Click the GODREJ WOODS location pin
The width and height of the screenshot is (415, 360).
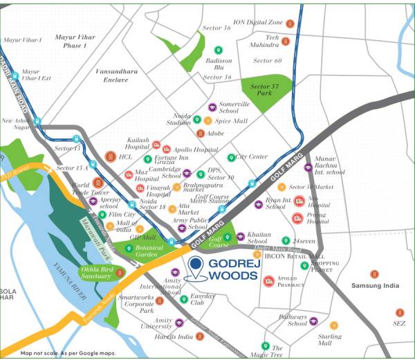[x=196, y=266]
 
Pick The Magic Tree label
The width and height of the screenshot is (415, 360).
[x=277, y=352]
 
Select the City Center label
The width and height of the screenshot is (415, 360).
[x=252, y=157]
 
